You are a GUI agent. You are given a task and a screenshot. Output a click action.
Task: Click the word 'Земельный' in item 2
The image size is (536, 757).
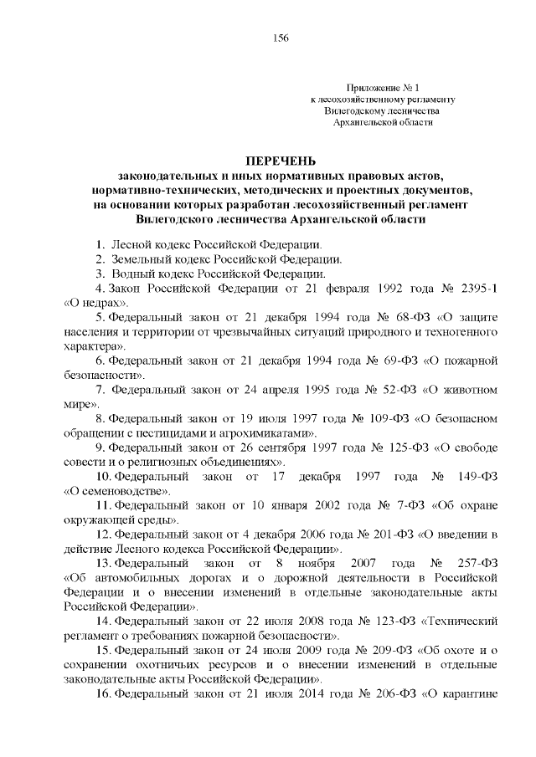click(x=147, y=259)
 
